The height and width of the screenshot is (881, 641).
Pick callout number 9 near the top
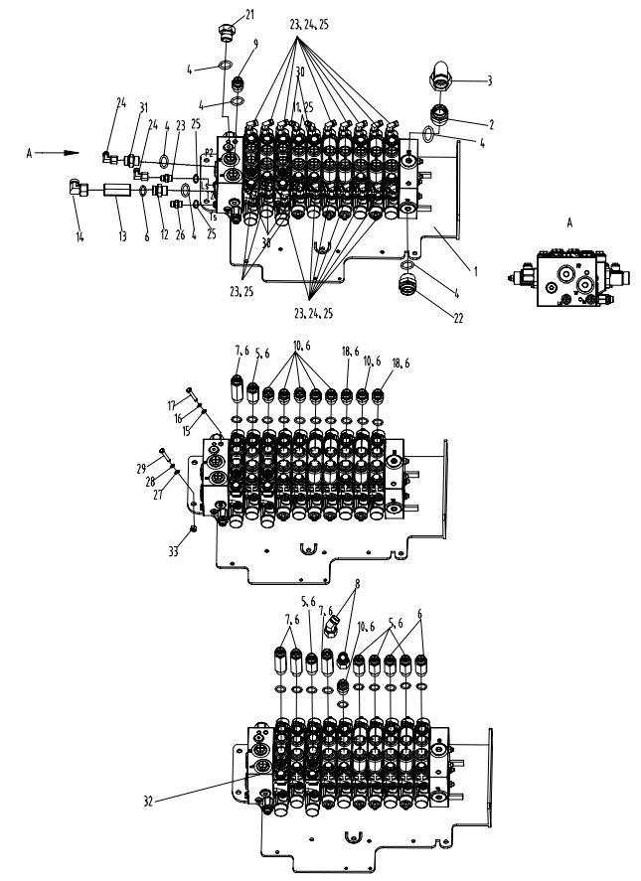coord(256,44)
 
